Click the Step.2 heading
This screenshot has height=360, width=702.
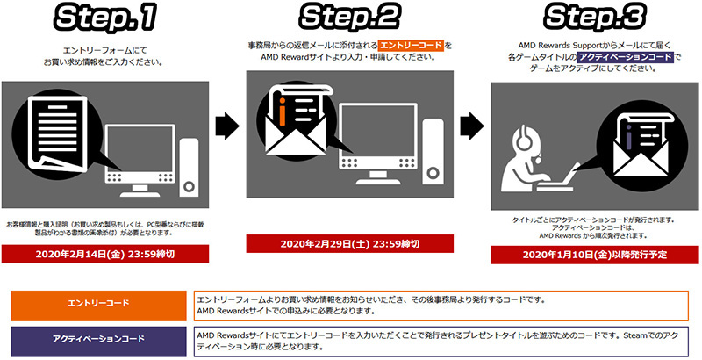coord(349,18)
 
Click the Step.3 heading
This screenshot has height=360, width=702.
coord(595,18)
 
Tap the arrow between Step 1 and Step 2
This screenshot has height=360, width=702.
coord(227,126)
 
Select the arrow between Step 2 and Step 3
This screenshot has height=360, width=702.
coord(472,126)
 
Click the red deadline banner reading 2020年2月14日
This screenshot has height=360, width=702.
coord(104,254)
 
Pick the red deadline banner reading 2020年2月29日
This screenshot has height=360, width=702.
coord(349,243)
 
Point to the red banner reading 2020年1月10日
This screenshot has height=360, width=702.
coord(595,255)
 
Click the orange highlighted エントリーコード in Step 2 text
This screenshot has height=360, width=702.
coord(411,46)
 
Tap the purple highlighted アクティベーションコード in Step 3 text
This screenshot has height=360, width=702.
coord(626,57)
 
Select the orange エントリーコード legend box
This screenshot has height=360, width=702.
coord(98,306)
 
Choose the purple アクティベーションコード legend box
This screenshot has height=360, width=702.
coord(98,342)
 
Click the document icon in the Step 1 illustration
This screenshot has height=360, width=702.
coord(57,133)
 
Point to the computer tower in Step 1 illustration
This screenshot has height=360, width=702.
coord(189,168)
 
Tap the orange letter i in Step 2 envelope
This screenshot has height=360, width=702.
coord(282,109)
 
